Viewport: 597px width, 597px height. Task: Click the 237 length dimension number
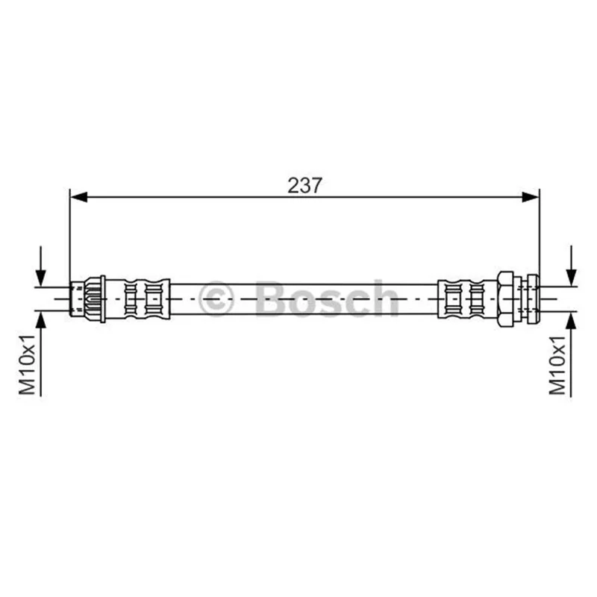(304, 185)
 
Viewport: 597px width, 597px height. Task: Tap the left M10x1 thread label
(28, 365)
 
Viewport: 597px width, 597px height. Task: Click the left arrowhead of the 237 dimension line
(79, 197)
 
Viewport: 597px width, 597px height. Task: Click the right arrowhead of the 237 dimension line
(531, 197)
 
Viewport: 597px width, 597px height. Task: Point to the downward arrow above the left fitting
(41, 266)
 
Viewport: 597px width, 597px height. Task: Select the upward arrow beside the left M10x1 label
(41, 354)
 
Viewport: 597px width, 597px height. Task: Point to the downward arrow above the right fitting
(571, 266)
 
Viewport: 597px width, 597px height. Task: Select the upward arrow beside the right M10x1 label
(571, 354)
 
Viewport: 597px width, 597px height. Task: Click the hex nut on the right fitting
(505, 299)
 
